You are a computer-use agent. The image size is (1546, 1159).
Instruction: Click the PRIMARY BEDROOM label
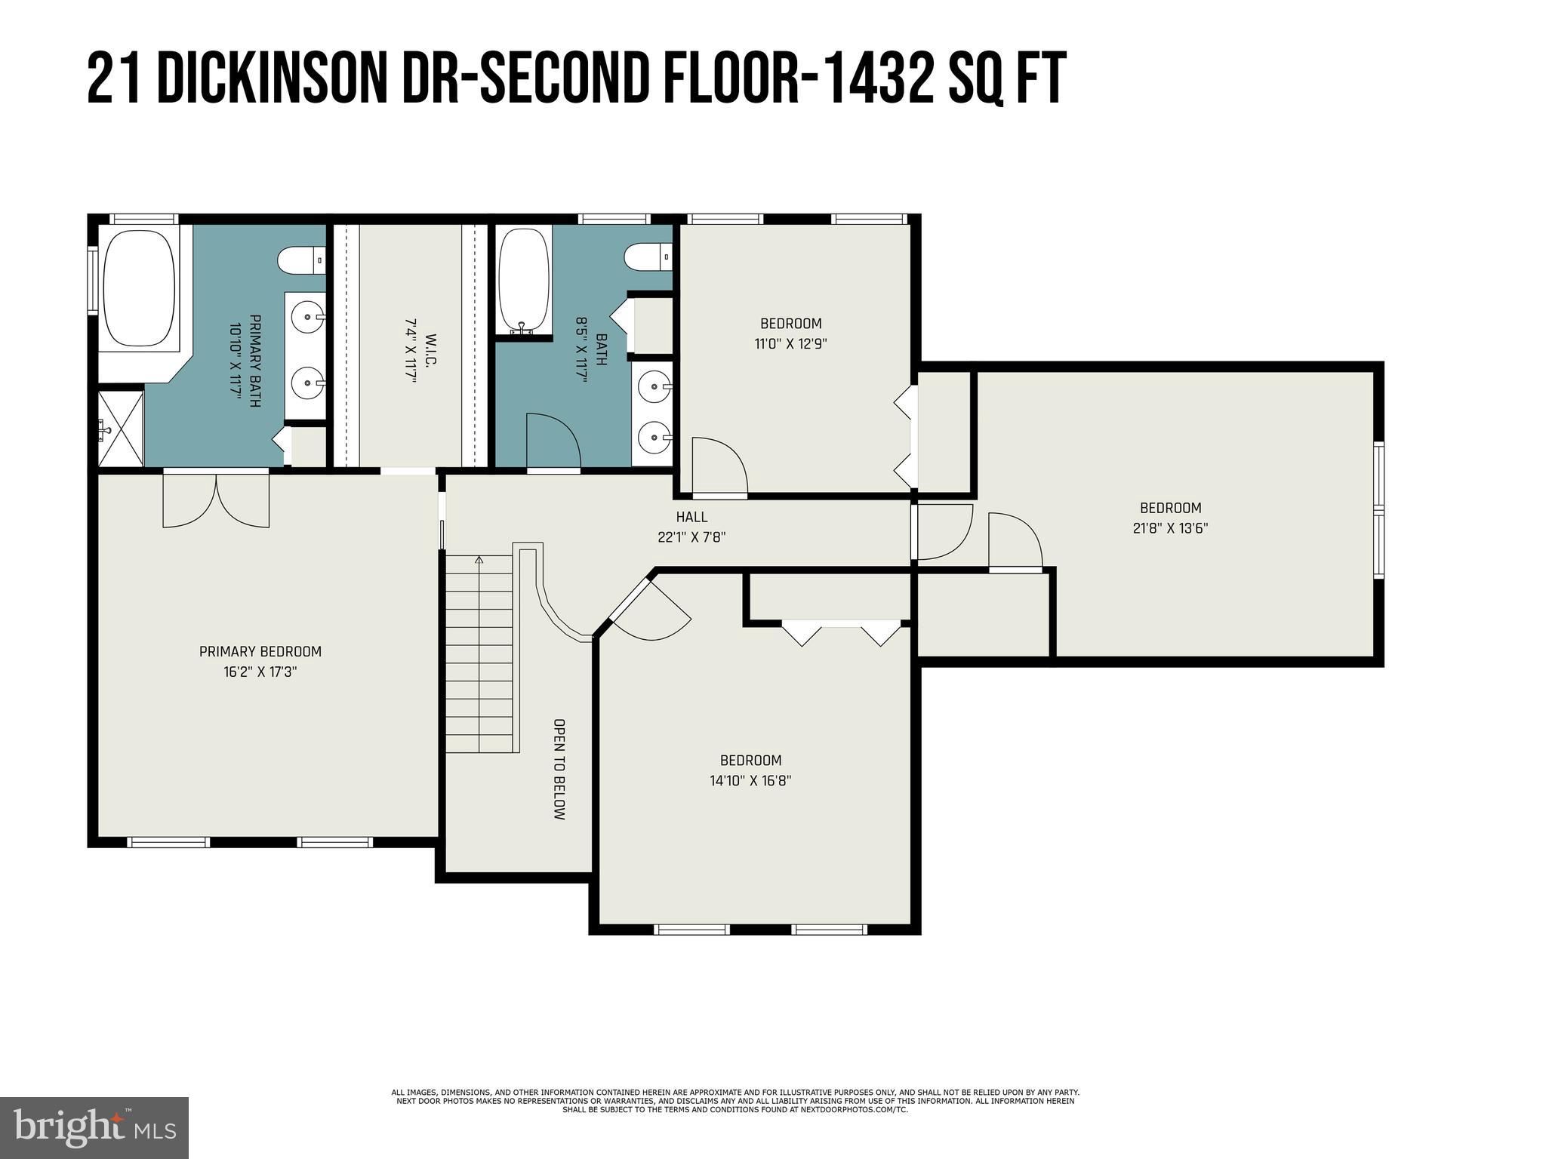260,651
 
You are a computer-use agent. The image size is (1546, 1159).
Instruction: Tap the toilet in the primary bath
301,261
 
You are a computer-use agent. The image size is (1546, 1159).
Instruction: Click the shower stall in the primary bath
121,429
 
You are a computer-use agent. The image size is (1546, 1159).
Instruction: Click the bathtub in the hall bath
524,281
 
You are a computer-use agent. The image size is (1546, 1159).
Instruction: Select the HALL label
691,517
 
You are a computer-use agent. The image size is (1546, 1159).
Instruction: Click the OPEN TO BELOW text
559,769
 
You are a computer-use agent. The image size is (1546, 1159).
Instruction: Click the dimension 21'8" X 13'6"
1170,528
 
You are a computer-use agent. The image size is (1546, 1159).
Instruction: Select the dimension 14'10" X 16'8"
750,780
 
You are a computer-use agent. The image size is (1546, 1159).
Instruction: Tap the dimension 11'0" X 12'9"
791,343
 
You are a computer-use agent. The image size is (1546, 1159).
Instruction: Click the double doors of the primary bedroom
217,500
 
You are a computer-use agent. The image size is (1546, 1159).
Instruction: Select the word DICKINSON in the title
273,78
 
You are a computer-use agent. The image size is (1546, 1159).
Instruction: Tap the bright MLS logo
95,1128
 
